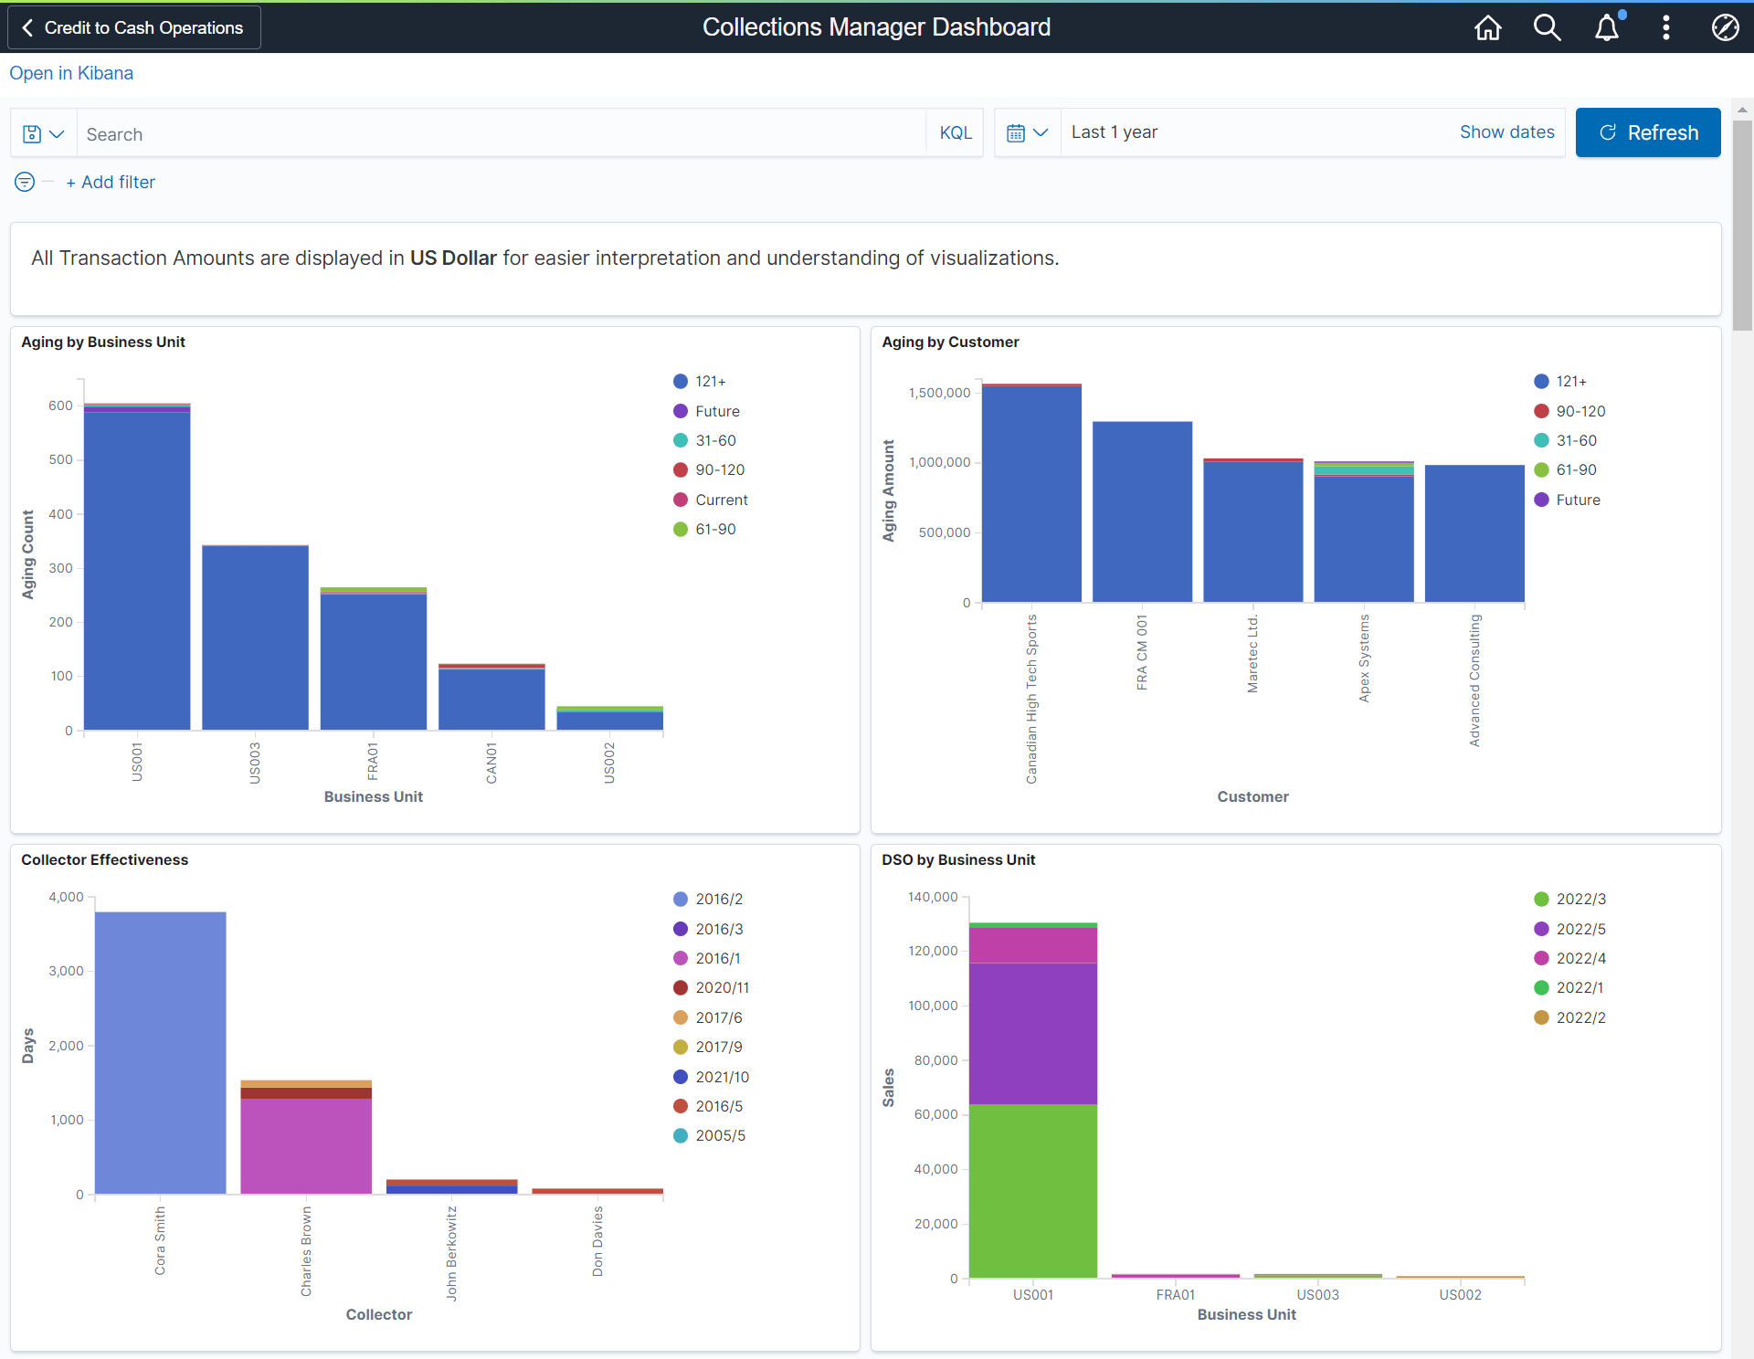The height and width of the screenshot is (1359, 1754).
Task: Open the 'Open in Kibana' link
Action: tap(71, 73)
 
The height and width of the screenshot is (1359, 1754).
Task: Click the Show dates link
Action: tap(1506, 132)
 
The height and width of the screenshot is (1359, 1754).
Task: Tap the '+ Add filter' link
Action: tap(111, 182)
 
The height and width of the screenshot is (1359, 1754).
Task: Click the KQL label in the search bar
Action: tap(955, 133)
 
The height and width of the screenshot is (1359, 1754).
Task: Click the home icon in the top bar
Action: tap(1487, 27)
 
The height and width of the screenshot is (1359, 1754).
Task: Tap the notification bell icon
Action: tap(1606, 27)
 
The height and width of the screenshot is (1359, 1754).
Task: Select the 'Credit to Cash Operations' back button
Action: tap(133, 27)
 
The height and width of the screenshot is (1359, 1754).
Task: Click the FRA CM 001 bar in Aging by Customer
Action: tap(1142, 511)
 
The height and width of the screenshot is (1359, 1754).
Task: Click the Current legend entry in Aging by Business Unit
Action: tap(720, 500)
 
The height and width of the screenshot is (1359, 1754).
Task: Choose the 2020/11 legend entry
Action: tap(721, 987)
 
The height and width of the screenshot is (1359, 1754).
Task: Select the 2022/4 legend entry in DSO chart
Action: tap(1580, 958)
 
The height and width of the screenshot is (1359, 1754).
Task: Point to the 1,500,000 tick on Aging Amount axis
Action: tap(939, 393)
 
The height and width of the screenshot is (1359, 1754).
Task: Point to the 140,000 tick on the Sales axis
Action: tap(932, 897)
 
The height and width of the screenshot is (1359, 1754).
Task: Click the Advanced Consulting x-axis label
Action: tap(1474, 680)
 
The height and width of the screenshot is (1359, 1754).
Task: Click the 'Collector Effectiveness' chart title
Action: tap(104, 859)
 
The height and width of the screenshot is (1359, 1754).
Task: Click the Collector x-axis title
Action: tap(378, 1314)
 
